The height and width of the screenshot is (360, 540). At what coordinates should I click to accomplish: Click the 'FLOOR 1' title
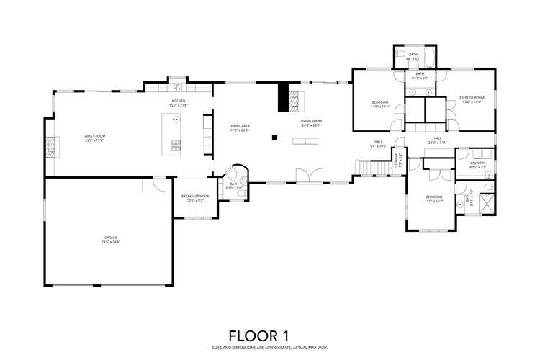pos(258,336)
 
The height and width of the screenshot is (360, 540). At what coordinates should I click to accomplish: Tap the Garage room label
pos(110,238)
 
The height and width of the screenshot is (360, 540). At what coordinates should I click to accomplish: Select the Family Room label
pos(94,136)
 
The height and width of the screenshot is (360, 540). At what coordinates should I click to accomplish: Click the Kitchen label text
pos(178,101)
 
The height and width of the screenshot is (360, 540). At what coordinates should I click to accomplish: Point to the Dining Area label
pos(239,126)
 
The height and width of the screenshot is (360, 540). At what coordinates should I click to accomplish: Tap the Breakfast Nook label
pos(194,196)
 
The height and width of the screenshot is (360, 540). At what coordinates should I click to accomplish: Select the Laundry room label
pos(477,163)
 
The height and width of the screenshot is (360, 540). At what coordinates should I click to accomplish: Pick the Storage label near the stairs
pos(396,163)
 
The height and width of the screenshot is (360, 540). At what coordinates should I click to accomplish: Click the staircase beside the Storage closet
pos(372,167)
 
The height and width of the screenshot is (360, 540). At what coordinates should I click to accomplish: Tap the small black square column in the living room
pos(274,136)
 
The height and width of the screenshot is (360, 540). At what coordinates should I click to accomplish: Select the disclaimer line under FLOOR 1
pos(258,347)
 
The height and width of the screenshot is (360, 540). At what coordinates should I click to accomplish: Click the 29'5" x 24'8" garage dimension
pos(110,243)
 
